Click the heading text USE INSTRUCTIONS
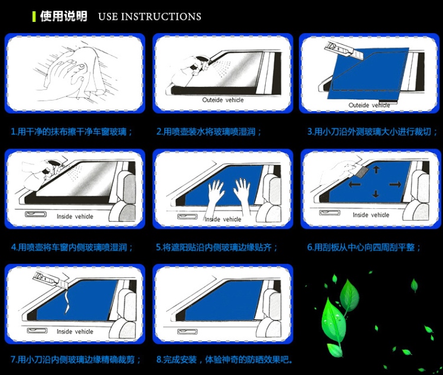tap(149, 17)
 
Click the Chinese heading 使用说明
tap(63, 16)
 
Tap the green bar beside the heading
tap(34, 16)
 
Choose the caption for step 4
tap(72, 247)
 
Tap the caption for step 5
tap(217, 247)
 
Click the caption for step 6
tap(364, 247)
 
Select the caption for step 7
tap(76, 360)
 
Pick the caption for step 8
tap(224, 360)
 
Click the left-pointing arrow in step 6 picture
tap(354, 185)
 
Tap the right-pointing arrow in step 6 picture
tap(395, 185)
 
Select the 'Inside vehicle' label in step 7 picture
tap(75, 332)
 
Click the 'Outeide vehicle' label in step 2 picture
tap(223, 100)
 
